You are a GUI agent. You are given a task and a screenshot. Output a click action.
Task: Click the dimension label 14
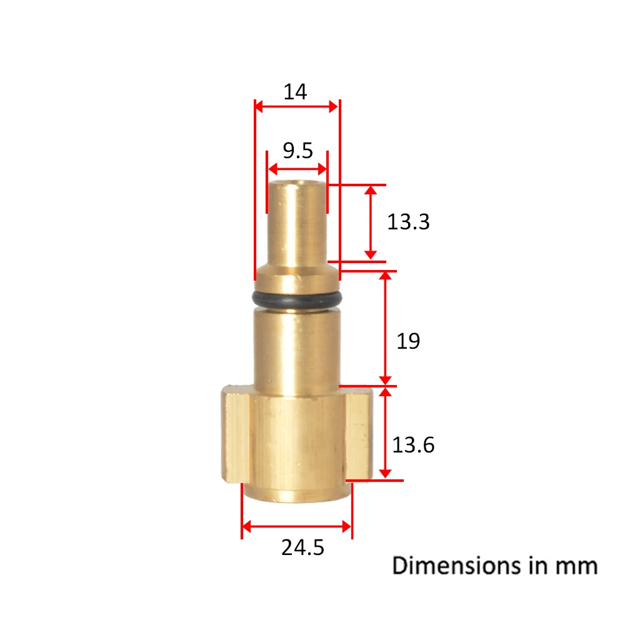(295, 92)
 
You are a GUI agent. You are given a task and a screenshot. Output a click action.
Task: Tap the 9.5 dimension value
(297, 150)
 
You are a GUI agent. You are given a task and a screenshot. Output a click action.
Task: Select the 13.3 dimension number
(408, 222)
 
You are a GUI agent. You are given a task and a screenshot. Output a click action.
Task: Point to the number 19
(408, 341)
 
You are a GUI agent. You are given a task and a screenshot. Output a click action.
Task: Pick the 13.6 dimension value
(413, 445)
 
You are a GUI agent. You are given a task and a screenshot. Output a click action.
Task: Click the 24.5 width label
(302, 547)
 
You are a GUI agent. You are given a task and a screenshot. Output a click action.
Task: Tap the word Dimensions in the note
(456, 566)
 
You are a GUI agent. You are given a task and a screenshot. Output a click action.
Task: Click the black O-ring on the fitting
(297, 299)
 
